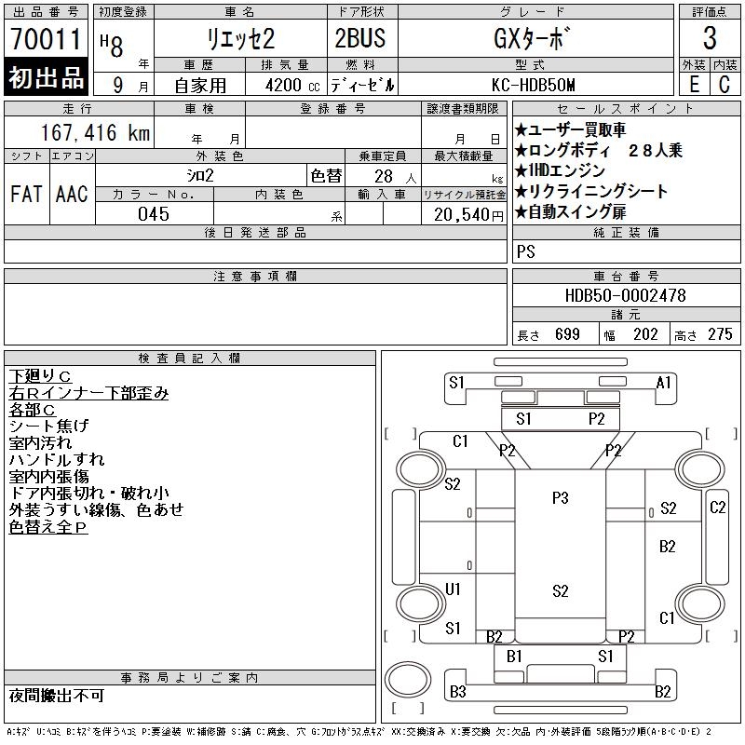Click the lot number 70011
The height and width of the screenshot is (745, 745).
pos(46,40)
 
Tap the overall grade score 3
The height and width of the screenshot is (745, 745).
pos(710,39)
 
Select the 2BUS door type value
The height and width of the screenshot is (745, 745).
pos(359,39)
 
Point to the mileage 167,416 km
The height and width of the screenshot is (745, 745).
pos(95,133)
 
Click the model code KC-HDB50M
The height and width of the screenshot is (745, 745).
pos(535,84)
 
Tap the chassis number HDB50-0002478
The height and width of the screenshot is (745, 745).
pos(625,295)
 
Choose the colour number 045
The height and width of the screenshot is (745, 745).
pos(154,213)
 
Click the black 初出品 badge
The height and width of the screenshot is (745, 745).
pos(46,77)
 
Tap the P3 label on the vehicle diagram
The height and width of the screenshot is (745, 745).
pos(560,498)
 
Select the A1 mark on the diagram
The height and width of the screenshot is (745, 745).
pos(664,382)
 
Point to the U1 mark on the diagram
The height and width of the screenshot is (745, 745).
pos(454,589)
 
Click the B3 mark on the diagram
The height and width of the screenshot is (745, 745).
pos(457,691)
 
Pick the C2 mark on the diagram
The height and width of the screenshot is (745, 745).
pos(717,508)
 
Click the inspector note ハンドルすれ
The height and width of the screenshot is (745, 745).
pos(56,459)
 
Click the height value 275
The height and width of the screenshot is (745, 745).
pos(720,334)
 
